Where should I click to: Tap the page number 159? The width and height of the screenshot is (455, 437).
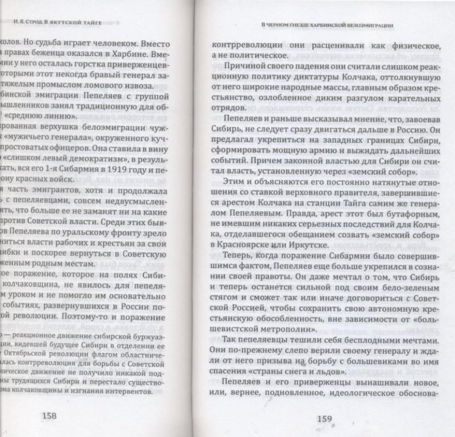(x=323, y=421)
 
